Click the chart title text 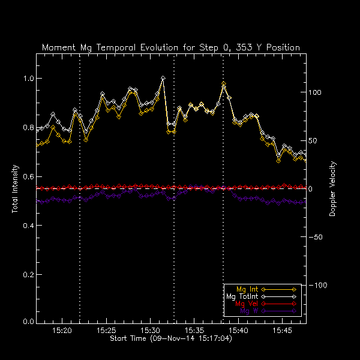[x=171, y=47]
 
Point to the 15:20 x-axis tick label [x=62, y=331]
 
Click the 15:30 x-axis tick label [x=150, y=331]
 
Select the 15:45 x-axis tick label [x=282, y=331]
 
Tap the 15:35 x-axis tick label [x=194, y=331]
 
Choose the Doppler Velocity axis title [x=332, y=188]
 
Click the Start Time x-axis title [x=171, y=339]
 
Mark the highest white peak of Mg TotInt [x=163, y=78]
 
